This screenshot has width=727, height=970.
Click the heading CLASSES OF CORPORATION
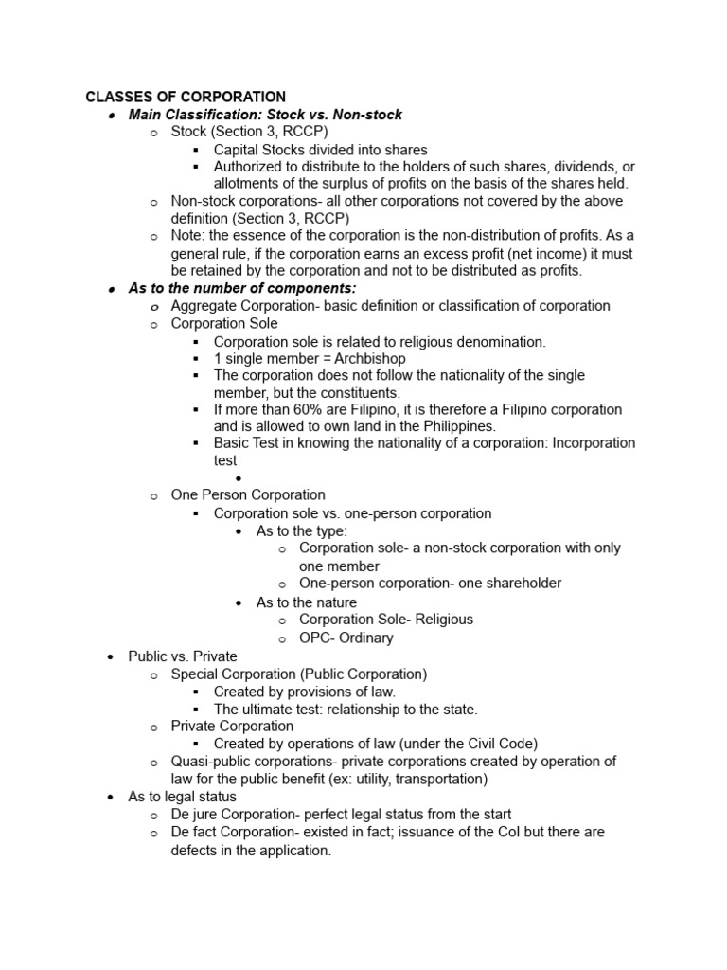point(186,97)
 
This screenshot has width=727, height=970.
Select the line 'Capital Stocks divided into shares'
point(320,150)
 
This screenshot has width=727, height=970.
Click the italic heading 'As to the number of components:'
point(242,288)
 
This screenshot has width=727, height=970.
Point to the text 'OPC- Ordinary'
point(346,638)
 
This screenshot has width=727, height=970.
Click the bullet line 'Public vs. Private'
point(183,656)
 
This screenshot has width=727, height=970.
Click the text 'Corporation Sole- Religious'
point(385,620)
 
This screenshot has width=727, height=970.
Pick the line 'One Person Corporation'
point(247,494)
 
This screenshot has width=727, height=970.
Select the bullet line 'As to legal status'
point(182,797)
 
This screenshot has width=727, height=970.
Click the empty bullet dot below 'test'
point(239,479)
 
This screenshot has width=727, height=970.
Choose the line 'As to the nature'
point(307,602)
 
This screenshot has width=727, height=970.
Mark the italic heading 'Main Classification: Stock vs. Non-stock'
point(265,115)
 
